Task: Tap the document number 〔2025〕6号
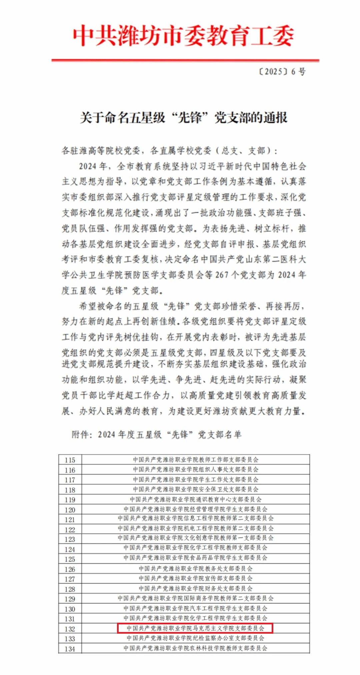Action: tap(282, 72)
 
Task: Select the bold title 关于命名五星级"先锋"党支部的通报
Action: tap(183, 118)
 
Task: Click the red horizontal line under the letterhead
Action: tap(185, 60)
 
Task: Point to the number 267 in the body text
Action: tap(222, 275)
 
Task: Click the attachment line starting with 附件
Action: tap(156, 434)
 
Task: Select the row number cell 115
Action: tap(70, 460)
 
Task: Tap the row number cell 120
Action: tap(70, 510)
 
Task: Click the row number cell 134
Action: tap(70, 649)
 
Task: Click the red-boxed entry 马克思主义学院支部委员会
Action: tap(195, 628)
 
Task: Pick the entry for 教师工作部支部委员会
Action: tap(196, 460)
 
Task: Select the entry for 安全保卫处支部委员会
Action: tap(196, 489)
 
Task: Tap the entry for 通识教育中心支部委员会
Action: tap(196, 499)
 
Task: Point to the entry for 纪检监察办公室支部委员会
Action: tap(196, 638)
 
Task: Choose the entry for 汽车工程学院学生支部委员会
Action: tap(196, 609)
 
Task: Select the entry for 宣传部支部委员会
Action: tap(196, 579)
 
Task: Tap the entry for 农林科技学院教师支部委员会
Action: tap(196, 648)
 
